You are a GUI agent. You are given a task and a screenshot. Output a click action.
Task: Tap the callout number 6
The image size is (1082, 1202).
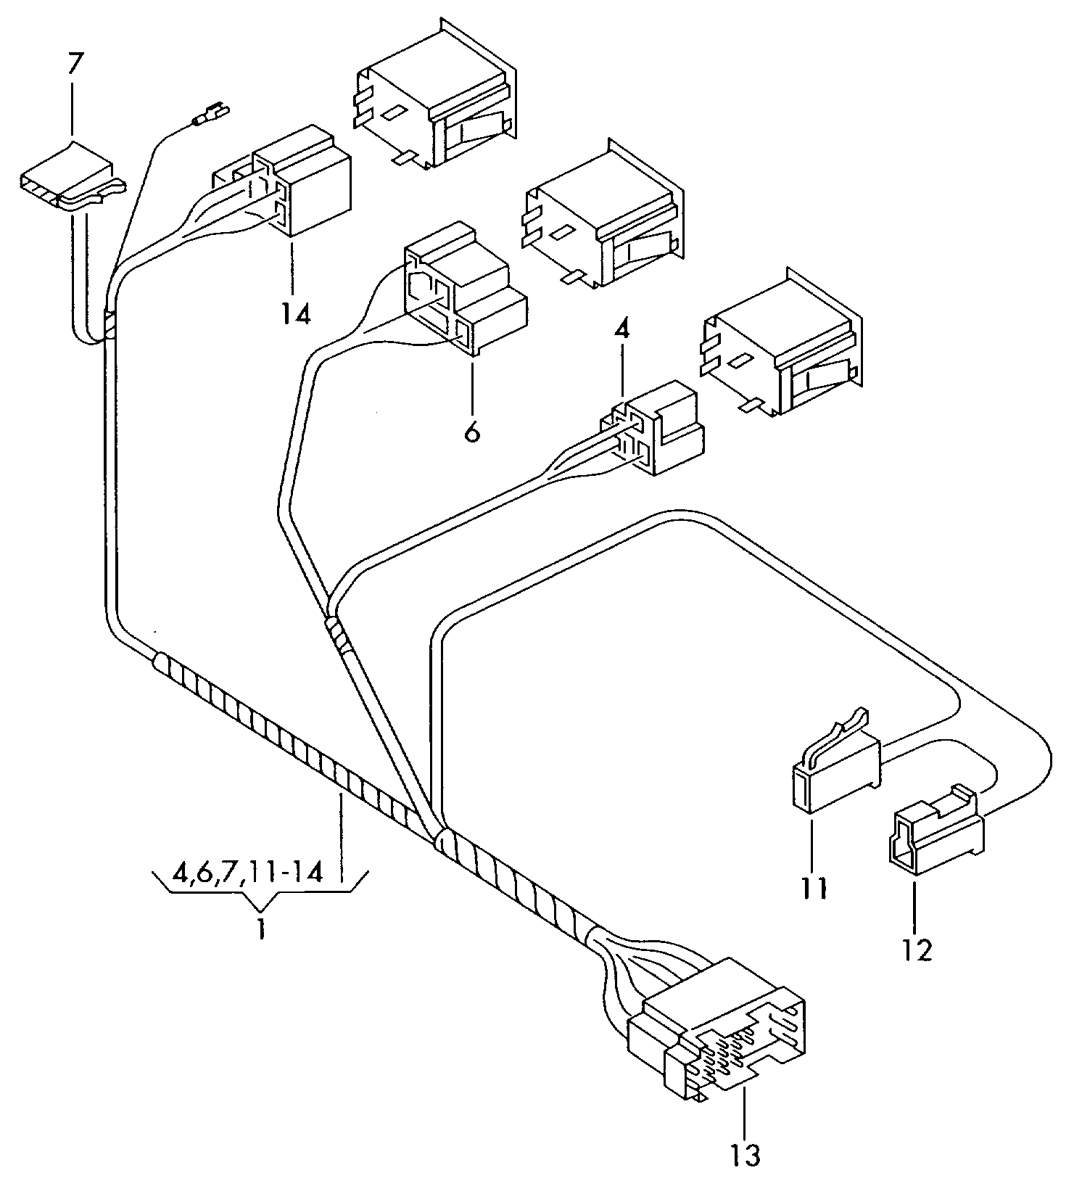471,432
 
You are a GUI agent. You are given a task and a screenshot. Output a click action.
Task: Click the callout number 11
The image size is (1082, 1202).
814,888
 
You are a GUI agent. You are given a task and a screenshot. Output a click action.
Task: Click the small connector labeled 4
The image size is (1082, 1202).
656,432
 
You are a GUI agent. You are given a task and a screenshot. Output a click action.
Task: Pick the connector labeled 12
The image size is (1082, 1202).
936,834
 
